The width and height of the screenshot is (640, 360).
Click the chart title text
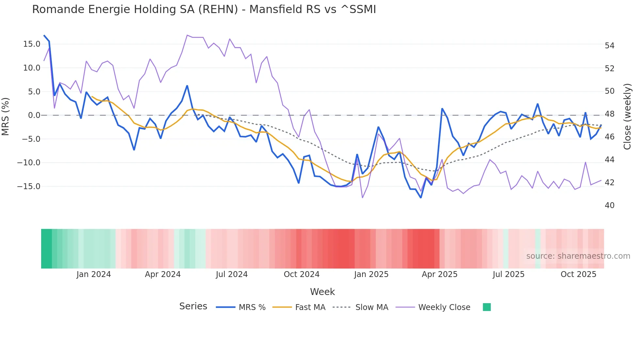tap(204, 9)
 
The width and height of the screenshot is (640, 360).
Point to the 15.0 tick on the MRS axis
tap(32, 44)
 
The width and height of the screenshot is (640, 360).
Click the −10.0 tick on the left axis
tap(29, 163)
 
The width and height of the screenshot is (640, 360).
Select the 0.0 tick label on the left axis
tap(34, 115)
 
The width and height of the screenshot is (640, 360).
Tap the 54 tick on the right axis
tap(609, 46)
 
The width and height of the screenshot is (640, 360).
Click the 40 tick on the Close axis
tap(609, 205)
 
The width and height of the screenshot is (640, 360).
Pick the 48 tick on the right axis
tap(609, 114)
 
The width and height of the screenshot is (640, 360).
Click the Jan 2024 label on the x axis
tap(94, 274)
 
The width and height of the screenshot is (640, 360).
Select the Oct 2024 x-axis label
tap(301, 274)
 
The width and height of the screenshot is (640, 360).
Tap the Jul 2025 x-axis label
tap(508, 274)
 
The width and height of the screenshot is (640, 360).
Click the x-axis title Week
tap(322, 292)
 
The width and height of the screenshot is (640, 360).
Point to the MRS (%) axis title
tap(6, 116)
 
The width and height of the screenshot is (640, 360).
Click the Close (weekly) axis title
tap(627, 117)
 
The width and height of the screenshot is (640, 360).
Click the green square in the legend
tap(487, 307)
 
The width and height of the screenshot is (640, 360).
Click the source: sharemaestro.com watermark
tap(578, 256)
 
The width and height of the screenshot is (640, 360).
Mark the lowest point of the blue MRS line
tap(421, 198)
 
